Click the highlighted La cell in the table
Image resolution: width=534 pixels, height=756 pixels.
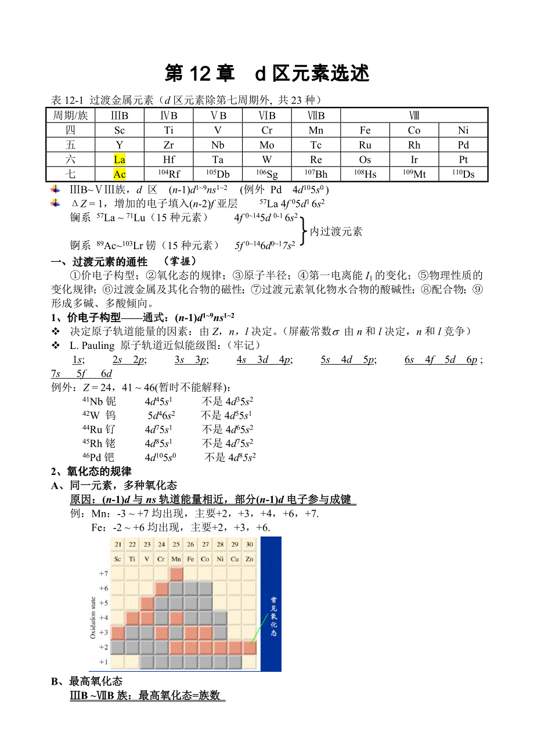click(120, 160)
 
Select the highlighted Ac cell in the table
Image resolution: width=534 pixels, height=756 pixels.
click(120, 174)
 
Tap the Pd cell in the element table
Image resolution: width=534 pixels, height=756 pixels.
click(463, 145)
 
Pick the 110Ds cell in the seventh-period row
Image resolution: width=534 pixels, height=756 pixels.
click(463, 174)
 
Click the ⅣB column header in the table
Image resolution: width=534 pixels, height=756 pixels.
click(169, 116)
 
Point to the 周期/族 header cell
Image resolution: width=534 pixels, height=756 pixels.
click(70, 116)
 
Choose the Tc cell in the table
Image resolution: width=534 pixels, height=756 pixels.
click(316, 145)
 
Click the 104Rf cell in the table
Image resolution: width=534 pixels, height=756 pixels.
click(169, 174)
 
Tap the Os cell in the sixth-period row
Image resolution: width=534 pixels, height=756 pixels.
click(365, 160)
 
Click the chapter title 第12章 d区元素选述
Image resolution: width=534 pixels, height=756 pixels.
click(267, 74)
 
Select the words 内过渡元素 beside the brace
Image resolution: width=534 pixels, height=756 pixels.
click(336, 232)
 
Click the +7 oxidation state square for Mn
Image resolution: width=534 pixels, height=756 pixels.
click(176, 574)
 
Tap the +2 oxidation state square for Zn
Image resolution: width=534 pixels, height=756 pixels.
click(250, 647)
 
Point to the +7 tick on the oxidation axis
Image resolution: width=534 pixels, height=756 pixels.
click(103, 574)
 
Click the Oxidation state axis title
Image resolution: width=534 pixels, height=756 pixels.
click(93, 616)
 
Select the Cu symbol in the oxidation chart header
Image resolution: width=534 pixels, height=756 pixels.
click(235, 559)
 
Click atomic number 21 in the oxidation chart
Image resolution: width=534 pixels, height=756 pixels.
click(118, 544)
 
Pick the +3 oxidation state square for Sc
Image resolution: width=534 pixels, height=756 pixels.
click(118, 632)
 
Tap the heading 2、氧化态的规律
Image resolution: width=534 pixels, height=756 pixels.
click(91, 471)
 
